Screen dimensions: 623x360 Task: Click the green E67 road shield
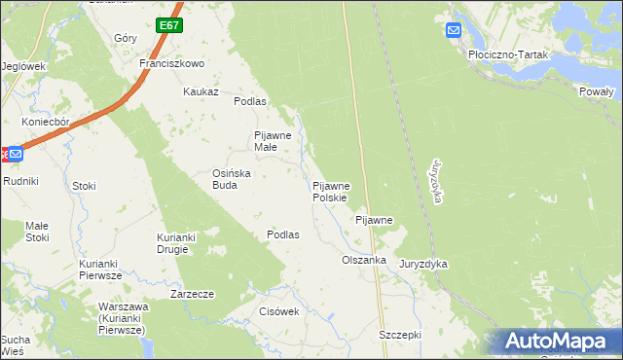168,24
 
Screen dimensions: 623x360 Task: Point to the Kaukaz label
201,91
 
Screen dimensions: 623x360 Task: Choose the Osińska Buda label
233,179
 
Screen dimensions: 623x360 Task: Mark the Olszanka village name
364,261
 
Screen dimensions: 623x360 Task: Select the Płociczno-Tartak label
509,55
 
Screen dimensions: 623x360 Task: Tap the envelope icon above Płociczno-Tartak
454,31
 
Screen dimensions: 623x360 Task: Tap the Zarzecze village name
191,293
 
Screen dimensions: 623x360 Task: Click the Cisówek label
278,311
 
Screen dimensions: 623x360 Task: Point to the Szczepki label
399,335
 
